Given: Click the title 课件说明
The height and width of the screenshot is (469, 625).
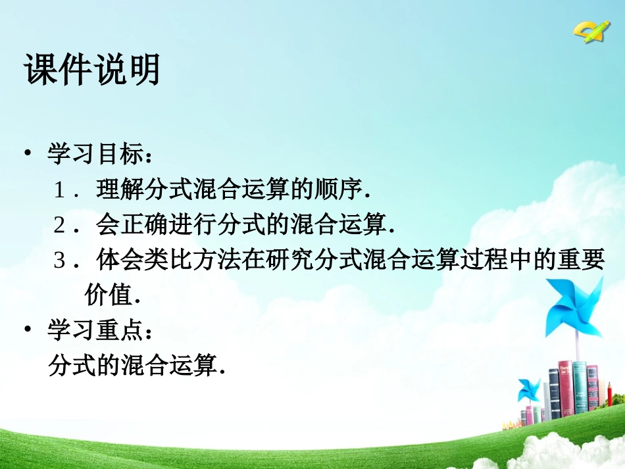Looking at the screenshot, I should (x=92, y=69).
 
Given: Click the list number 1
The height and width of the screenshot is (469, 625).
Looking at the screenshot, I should (x=60, y=191).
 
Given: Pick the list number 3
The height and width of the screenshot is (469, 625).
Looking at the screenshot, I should (x=60, y=261).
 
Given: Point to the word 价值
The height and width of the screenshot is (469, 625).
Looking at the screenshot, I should (x=109, y=295).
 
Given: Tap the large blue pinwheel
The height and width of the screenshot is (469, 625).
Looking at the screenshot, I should (x=573, y=307).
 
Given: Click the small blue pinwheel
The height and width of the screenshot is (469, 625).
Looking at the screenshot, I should (x=528, y=389).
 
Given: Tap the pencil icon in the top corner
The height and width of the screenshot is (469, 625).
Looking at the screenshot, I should (x=591, y=30).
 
